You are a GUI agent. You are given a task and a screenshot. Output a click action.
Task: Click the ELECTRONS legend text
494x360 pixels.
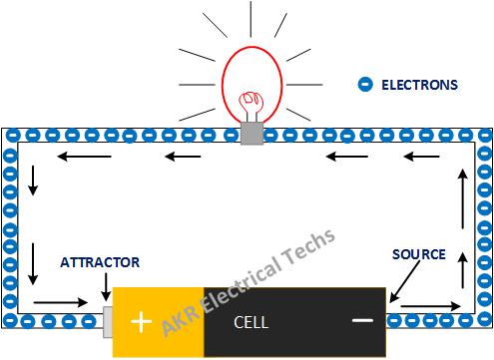pyautogui.click(x=419, y=86)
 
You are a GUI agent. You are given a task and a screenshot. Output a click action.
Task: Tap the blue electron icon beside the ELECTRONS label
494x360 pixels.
pyautogui.click(x=365, y=86)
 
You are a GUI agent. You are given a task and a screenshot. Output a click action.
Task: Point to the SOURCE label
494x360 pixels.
pyautogui.click(x=419, y=254)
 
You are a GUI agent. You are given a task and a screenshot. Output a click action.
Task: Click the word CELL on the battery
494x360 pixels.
pyautogui.click(x=249, y=322)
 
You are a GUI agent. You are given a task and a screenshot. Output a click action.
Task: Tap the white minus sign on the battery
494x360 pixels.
pyautogui.click(x=362, y=321)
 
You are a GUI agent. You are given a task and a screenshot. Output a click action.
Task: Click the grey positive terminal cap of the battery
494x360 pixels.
pyautogui.click(x=109, y=320)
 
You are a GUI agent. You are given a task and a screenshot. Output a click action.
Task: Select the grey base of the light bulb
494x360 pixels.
pyautogui.click(x=250, y=134)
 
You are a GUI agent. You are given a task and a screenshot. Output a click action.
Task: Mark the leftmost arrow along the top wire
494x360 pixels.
pyautogui.click(x=75, y=156)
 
